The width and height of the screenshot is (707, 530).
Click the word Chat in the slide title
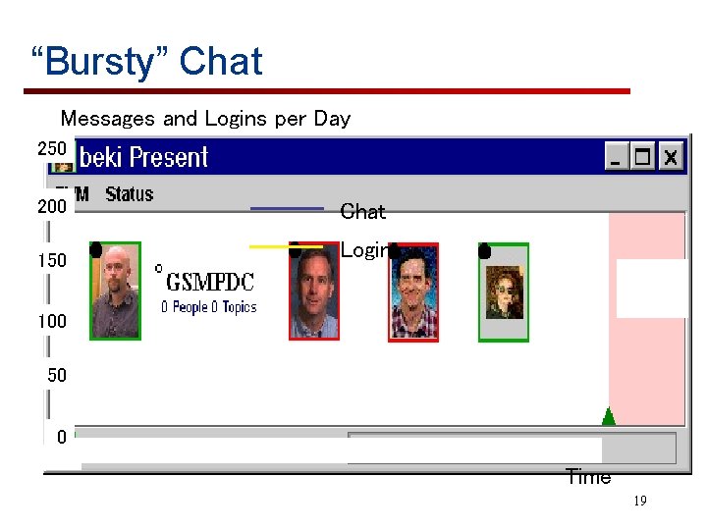221,62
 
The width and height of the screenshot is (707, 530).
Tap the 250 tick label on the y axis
52,148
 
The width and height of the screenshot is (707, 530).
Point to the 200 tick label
52,207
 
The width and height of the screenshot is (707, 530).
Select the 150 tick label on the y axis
52,261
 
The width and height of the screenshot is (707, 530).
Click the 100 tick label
52,321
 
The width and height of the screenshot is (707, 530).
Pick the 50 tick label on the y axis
57,375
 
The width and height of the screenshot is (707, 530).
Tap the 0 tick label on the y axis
61,437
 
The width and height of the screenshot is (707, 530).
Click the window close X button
670,156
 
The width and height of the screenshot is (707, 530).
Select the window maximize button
643,156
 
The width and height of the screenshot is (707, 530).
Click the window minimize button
617,156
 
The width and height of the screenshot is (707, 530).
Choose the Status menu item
130,194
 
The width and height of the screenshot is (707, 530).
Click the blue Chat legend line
287,208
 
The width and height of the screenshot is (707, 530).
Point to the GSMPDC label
210,283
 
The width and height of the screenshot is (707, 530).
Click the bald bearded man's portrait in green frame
116,291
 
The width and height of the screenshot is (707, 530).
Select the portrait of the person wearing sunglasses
504,292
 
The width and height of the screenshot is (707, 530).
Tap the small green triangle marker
608,417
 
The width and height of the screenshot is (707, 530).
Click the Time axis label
588,478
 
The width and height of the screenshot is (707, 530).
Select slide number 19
639,502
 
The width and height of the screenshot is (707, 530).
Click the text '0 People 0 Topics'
208,307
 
